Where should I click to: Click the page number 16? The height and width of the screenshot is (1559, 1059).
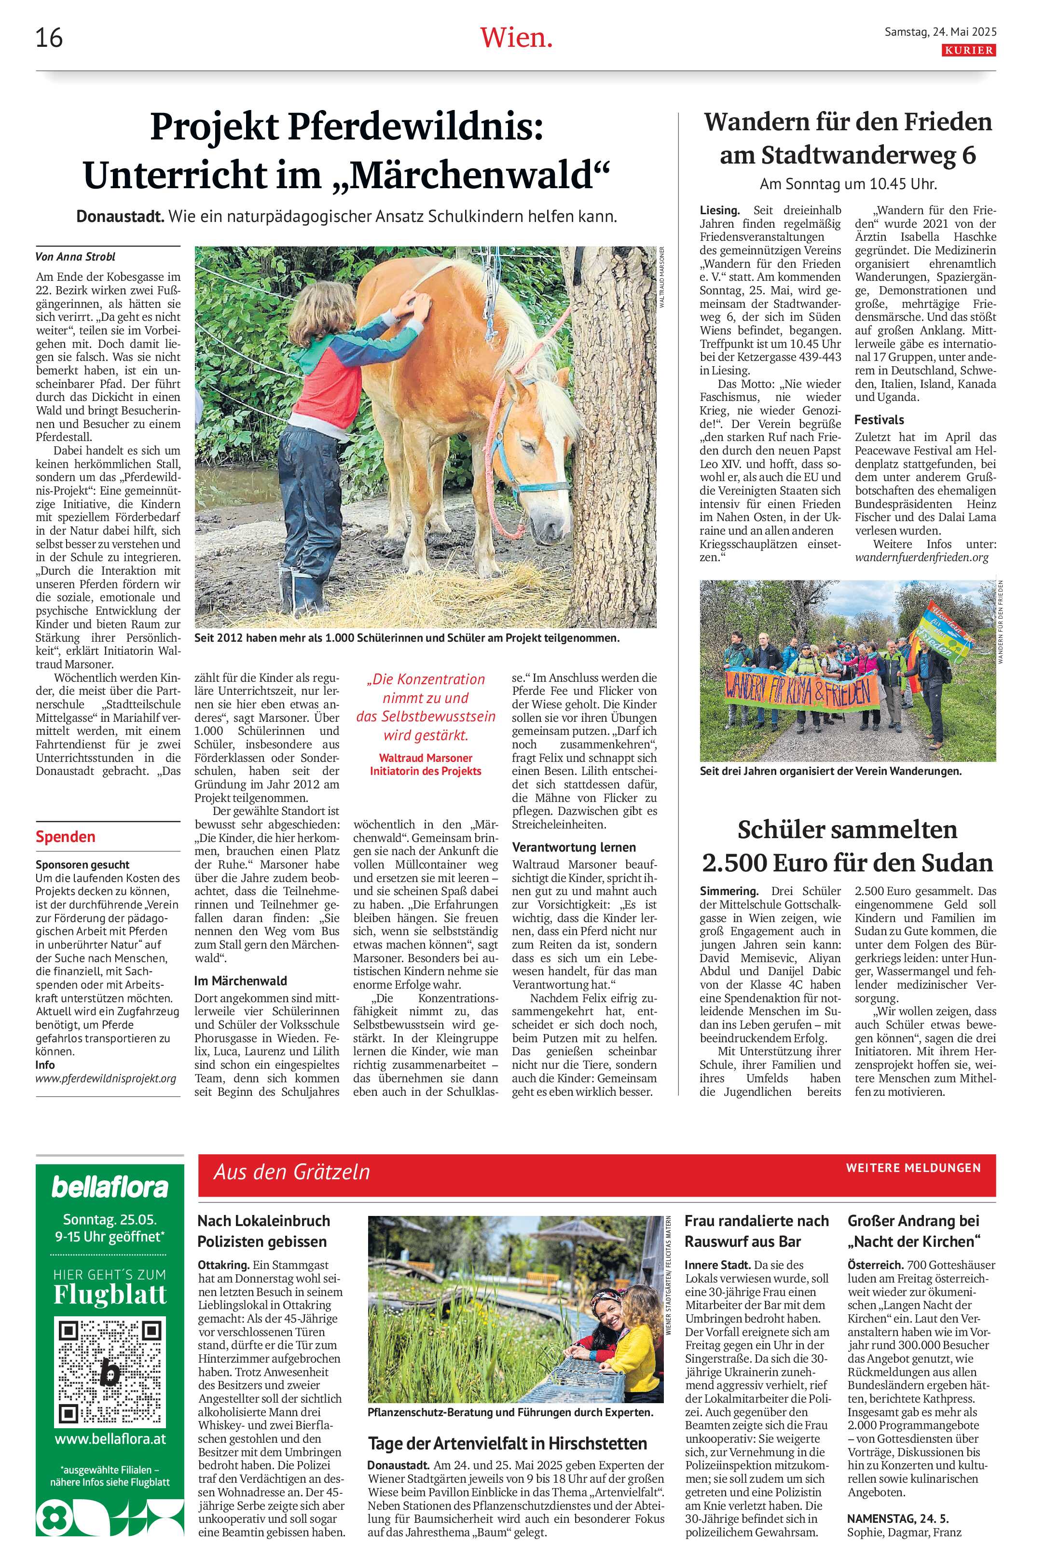[x=49, y=38]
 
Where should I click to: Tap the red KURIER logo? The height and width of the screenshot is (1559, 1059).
[x=969, y=50]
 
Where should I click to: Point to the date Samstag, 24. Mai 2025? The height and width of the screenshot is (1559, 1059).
[x=940, y=31]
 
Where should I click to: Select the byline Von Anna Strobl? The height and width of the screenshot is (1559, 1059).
[x=75, y=256]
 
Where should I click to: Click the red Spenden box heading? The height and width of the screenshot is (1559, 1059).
[x=65, y=837]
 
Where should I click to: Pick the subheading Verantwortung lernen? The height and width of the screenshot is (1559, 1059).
[x=574, y=847]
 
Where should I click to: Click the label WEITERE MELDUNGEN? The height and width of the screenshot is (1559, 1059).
[x=913, y=1168]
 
